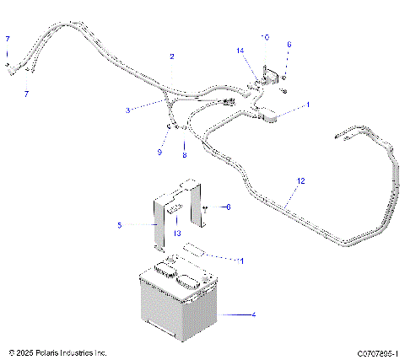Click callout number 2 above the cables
[172, 56]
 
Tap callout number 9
[159, 152]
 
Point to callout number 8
[186, 156]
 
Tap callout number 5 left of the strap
[120, 225]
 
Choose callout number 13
[177, 233]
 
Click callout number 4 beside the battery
[252, 314]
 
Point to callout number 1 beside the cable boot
[307, 105]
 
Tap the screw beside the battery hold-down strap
[206, 207]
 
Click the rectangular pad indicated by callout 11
[194, 250]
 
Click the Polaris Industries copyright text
[57, 352]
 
